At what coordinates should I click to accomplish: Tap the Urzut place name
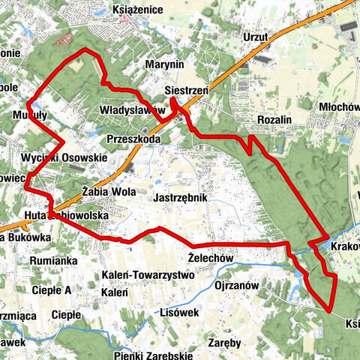(256, 36)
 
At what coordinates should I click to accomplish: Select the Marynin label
(165, 65)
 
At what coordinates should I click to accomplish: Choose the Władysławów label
(132, 110)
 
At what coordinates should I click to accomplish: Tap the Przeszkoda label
(133, 139)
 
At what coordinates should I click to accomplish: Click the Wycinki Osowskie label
(64, 158)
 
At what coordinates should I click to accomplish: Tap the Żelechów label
(211, 257)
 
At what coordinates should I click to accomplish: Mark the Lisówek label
(179, 313)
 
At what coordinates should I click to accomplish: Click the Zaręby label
(226, 343)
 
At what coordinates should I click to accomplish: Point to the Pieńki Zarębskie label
(150, 355)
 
